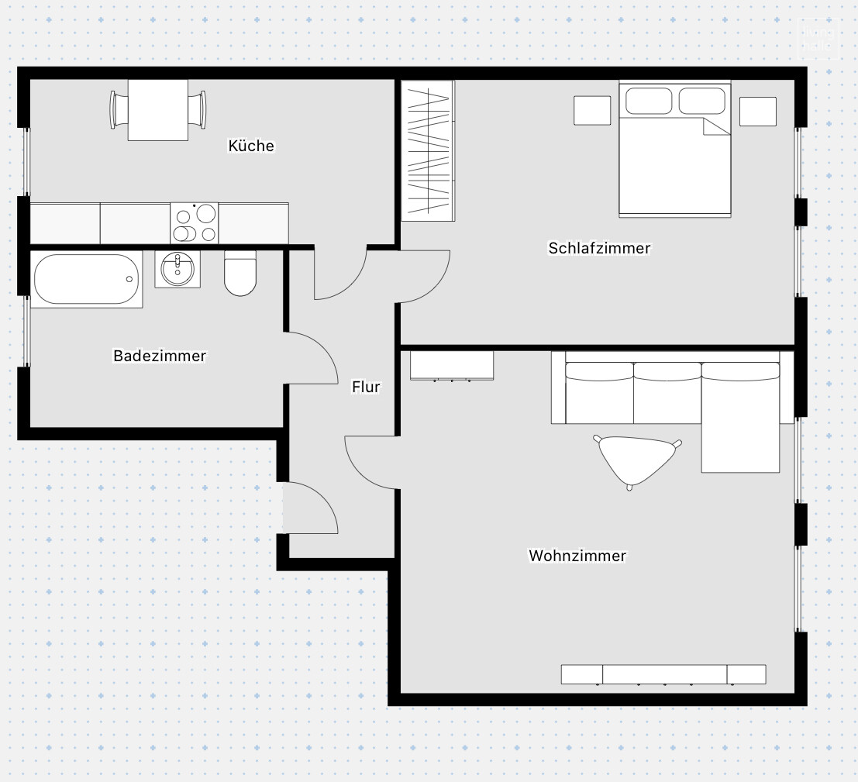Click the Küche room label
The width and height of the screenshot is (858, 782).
click(x=251, y=146)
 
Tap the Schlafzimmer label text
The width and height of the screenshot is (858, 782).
click(x=599, y=248)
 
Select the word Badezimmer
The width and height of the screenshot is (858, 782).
click(x=160, y=356)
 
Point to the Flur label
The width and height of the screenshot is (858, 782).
click(x=366, y=386)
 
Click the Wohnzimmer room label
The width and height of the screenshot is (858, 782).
click(x=577, y=556)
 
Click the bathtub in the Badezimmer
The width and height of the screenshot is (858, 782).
click(x=86, y=279)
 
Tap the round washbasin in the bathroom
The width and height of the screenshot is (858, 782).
click(x=177, y=268)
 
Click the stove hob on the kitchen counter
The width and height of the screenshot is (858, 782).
click(x=195, y=223)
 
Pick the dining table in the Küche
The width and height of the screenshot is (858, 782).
click(x=158, y=110)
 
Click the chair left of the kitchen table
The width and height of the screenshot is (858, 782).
click(x=119, y=110)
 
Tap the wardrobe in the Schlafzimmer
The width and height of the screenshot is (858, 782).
click(x=428, y=150)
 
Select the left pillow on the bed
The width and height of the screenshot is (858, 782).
click(x=649, y=101)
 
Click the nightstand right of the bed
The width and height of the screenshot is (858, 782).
click(x=757, y=111)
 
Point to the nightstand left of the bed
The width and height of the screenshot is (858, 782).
click(x=592, y=110)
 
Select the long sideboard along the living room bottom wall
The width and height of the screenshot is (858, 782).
click(x=663, y=674)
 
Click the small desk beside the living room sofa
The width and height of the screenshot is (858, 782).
click(x=452, y=366)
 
